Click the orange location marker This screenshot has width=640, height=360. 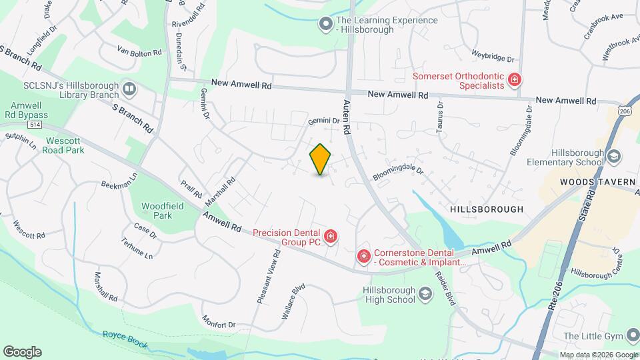(321, 159)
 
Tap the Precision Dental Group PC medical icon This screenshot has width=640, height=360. (329, 236)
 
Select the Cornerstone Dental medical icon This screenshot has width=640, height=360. (363, 256)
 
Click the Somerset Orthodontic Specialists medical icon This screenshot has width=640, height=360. (514, 81)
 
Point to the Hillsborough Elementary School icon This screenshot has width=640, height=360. (614, 156)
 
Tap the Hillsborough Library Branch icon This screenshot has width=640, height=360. (129, 88)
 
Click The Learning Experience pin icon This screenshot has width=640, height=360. (325, 25)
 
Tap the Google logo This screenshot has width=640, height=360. (22, 351)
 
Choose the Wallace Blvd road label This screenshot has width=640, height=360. (293, 301)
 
